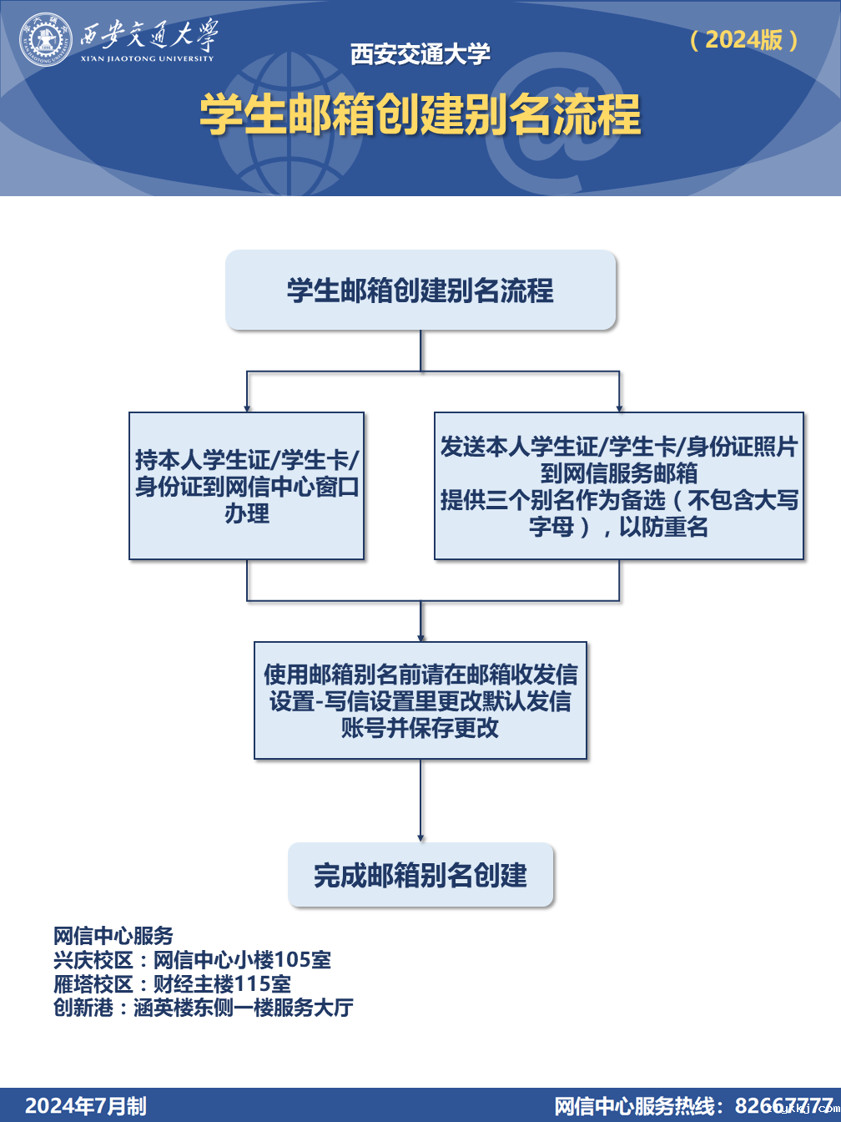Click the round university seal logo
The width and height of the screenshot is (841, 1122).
click(x=47, y=39)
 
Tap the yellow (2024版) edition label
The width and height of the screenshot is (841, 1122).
click(x=743, y=39)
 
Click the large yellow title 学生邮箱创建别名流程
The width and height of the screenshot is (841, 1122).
click(x=420, y=114)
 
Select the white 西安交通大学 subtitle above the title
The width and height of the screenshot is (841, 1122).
click(x=420, y=54)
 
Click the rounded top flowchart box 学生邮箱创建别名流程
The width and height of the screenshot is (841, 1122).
click(x=420, y=290)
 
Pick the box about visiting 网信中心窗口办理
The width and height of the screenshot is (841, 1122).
click(x=247, y=486)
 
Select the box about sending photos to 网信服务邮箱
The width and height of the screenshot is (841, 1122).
click(x=619, y=486)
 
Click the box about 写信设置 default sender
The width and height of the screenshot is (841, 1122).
click(x=420, y=700)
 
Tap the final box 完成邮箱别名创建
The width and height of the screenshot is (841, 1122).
click(x=420, y=875)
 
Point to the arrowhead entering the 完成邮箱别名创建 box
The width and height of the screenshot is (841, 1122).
click(x=420, y=837)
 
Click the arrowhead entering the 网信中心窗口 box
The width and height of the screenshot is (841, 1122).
click(x=247, y=407)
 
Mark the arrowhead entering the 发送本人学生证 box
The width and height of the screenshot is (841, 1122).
click(x=619, y=407)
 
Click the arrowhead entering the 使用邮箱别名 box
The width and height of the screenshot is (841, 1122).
click(x=420, y=636)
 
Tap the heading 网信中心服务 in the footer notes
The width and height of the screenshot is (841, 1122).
click(x=113, y=936)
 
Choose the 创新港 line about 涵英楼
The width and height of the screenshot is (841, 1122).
click(x=204, y=1008)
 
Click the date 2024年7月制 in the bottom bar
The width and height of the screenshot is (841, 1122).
click(x=86, y=1106)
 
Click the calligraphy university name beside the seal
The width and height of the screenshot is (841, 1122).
click(x=149, y=36)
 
